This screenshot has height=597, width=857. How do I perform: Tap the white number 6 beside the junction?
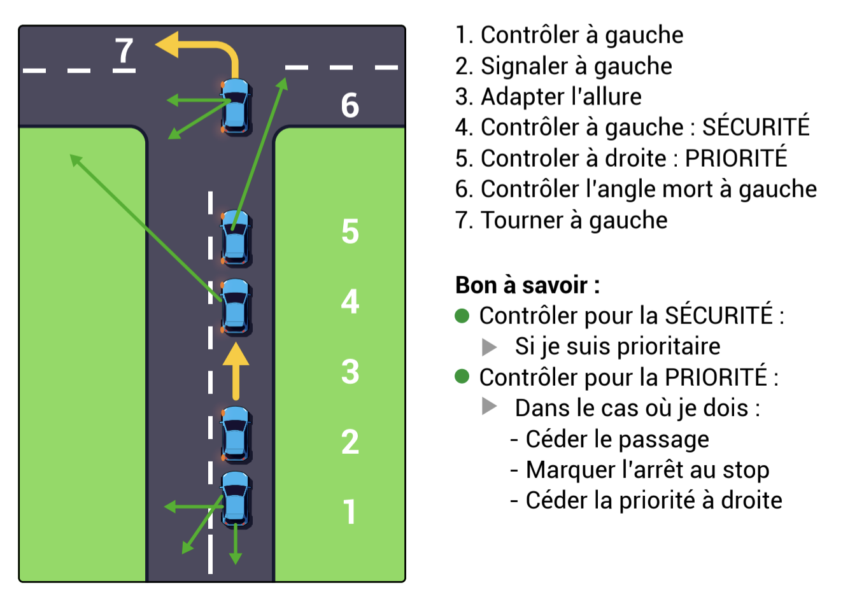pyautogui.click(x=350, y=106)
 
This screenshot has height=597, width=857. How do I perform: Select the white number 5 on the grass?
pyautogui.click(x=350, y=232)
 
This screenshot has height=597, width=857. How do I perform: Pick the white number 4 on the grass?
pyautogui.click(x=350, y=302)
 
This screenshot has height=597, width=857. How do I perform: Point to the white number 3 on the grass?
pyautogui.click(x=350, y=372)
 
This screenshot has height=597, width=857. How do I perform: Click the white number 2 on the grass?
pyautogui.click(x=350, y=442)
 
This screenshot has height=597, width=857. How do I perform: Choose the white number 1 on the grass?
pyautogui.click(x=350, y=512)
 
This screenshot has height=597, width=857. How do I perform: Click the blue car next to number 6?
pyautogui.click(x=236, y=106)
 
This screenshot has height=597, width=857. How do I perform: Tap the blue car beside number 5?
pyautogui.click(x=236, y=238)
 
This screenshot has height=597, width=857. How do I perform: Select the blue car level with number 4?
pyautogui.click(x=236, y=307)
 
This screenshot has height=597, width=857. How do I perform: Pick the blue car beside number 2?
pyautogui.click(x=236, y=434)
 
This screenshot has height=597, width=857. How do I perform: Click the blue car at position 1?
pyautogui.click(x=236, y=499)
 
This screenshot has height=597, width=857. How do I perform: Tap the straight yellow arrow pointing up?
pyautogui.click(x=236, y=370)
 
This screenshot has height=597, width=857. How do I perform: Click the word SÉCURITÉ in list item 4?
pyautogui.click(x=756, y=127)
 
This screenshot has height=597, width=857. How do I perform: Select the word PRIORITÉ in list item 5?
pyautogui.click(x=736, y=158)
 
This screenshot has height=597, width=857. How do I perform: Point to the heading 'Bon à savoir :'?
pyautogui.click(x=527, y=285)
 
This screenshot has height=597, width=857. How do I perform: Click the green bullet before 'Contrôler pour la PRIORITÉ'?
pyautogui.click(x=462, y=377)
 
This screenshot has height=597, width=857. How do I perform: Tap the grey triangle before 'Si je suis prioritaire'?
pyautogui.click(x=489, y=347)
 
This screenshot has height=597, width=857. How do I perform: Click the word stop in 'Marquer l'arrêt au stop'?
pyautogui.click(x=746, y=470)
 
